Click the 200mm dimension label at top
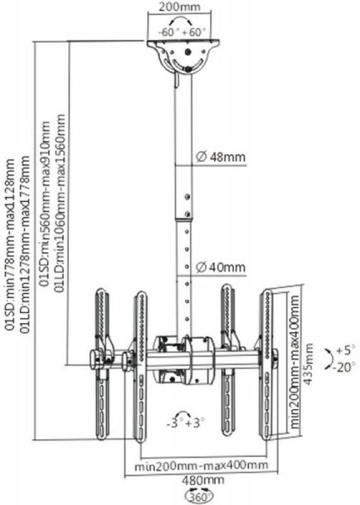point(180,7)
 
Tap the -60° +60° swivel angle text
point(182,32)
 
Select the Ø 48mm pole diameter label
point(220,157)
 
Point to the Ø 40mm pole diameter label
point(220,267)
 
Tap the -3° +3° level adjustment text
point(186,423)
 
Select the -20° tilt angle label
point(344,367)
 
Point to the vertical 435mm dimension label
point(309,364)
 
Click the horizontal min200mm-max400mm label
point(201,465)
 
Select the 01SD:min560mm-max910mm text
point(45,204)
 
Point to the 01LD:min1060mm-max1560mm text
point(61,203)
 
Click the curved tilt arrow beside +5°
point(329,359)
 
